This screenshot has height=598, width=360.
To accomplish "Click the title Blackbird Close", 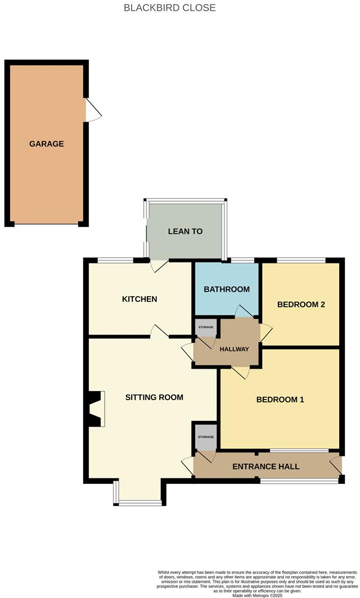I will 169,8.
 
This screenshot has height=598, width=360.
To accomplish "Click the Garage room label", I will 47,144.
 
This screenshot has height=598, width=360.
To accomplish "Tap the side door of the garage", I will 92,110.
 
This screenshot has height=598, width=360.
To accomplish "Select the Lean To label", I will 185,232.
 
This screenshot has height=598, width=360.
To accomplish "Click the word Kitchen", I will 139,299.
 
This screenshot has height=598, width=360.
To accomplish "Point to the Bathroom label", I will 226,289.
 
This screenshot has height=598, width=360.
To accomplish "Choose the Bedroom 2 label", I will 301,305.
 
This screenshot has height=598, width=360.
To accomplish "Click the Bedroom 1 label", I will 280,400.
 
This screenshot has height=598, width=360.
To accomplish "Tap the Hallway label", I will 234,349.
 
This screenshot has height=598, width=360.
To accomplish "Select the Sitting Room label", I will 154,397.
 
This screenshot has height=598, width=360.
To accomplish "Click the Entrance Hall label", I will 265,466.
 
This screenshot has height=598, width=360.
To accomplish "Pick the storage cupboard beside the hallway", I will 205,328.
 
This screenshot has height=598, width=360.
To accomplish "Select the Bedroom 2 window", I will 301,260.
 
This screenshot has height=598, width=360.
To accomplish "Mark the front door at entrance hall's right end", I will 336,466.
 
